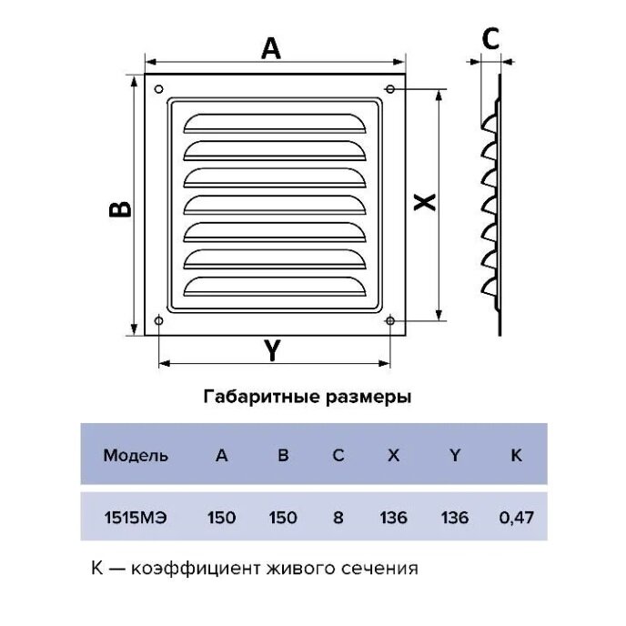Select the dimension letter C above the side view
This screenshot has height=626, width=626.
click(490, 39)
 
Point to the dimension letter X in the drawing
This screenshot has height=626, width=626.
click(423, 203)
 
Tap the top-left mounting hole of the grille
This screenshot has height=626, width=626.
click(159, 89)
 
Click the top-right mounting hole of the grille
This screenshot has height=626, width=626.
click(390, 89)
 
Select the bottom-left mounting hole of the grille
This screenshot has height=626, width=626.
click(159, 320)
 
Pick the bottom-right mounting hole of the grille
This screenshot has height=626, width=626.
click(390, 320)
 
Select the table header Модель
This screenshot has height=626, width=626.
click(136, 456)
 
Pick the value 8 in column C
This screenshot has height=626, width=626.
click(338, 518)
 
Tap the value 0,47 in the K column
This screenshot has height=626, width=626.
click(515, 518)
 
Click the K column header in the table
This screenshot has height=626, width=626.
click(516, 456)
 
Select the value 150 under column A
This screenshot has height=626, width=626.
click(221, 518)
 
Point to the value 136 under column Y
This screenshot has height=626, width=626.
click(454, 518)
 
